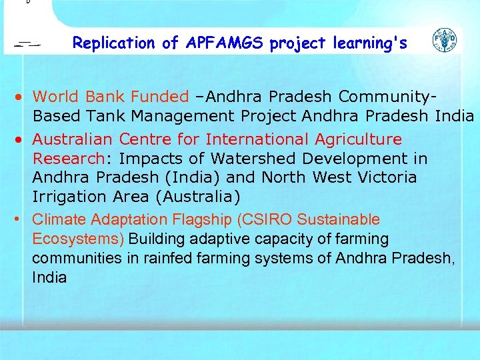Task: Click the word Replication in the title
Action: pyautogui.click(x=114, y=43)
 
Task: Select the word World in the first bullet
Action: pyautogui.click(x=55, y=97)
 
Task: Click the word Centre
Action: pyautogui.click(x=159, y=139)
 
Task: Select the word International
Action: pyautogui.click(x=257, y=139)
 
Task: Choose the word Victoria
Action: pyautogui.click(x=383, y=178)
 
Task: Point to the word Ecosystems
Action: pyautogui.click(x=80, y=239)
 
